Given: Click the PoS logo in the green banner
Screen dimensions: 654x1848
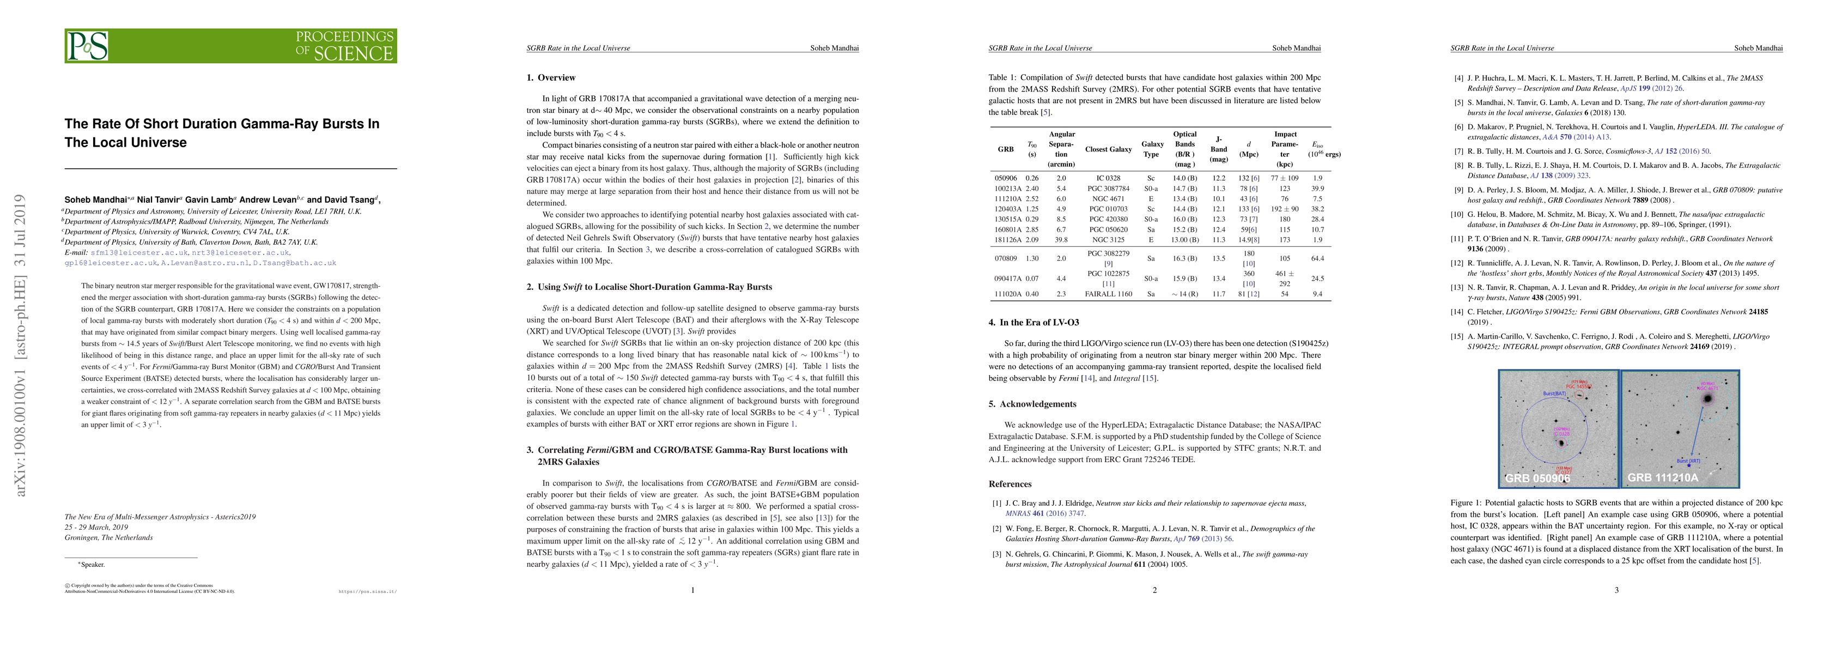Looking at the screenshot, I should pyautogui.click(x=88, y=46).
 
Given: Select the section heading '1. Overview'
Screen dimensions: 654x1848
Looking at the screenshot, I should pyautogui.click(x=551, y=77).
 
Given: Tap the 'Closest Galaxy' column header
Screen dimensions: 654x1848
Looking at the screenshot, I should pyautogui.click(x=1108, y=149).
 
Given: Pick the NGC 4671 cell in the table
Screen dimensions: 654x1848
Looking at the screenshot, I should pyautogui.click(x=1108, y=198).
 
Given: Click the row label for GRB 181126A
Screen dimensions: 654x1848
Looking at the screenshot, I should pyautogui.click(x=1005, y=239).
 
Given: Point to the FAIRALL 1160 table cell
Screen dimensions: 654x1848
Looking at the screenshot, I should pyautogui.click(x=1108, y=294).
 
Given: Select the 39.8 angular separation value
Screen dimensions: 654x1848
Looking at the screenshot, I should pyautogui.click(x=1061, y=239).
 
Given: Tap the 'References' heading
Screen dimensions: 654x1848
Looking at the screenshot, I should pyautogui.click(x=1010, y=484).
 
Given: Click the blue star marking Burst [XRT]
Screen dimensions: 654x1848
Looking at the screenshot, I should pyautogui.click(x=1692, y=466).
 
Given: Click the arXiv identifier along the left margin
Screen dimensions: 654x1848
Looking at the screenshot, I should pyautogui.click(x=21, y=344).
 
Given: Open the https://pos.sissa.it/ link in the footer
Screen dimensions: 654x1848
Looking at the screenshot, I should pyautogui.click(x=367, y=592).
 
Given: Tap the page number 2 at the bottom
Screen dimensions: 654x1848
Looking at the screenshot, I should pyautogui.click(x=1154, y=590).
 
